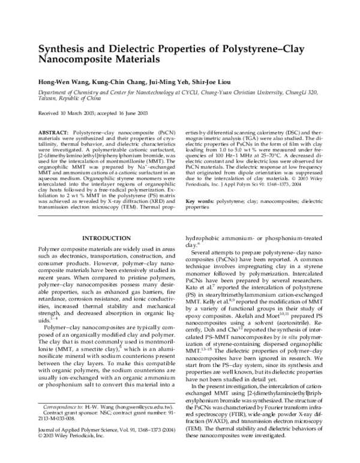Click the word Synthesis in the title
61,49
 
